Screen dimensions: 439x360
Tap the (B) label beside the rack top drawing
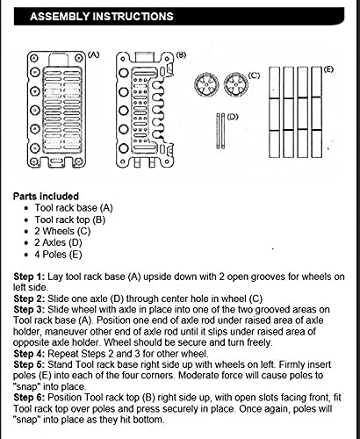[x=180, y=54]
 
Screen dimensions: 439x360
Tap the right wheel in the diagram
[x=234, y=88]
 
